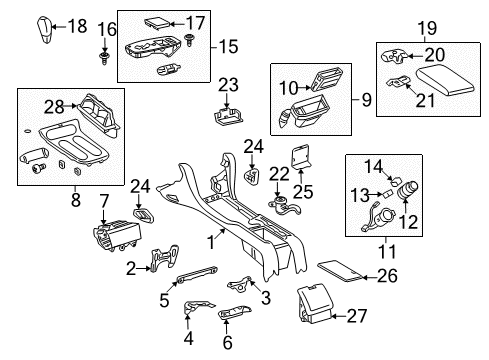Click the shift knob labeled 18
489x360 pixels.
point(43,29)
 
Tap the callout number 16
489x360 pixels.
point(107,29)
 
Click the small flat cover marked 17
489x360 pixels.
point(157,24)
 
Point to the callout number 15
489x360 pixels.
point(229,46)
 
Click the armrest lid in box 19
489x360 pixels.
point(445,80)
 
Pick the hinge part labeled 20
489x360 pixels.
point(394,56)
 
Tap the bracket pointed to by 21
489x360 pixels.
point(399,81)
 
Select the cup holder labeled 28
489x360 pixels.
point(99,112)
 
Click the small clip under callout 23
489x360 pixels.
point(228,116)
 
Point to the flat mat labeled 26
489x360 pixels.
point(340,271)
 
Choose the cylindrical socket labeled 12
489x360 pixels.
point(408,191)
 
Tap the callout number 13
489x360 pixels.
point(360,195)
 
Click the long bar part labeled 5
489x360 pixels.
point(197,274)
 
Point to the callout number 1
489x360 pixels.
point(211,242)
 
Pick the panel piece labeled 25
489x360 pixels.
point(302,156)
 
